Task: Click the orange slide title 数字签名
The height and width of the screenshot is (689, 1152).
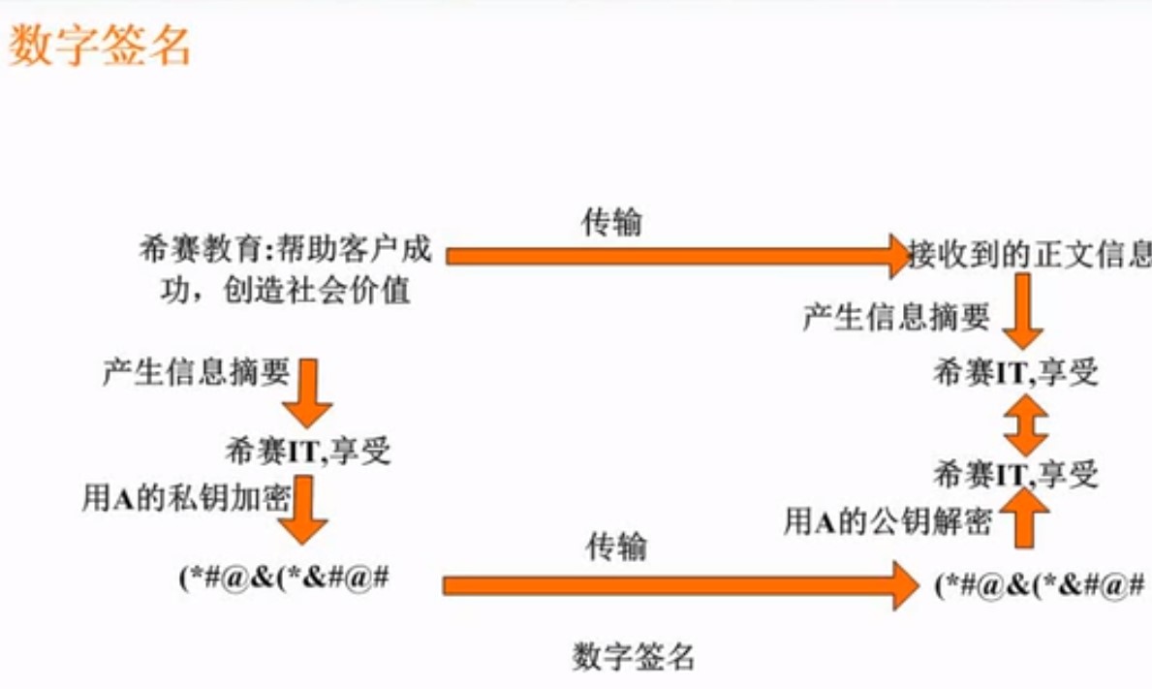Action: tap(99, 46)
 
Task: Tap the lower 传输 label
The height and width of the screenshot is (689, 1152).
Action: tap(616, 548)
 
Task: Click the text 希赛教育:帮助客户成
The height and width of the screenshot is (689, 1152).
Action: tap(285, 252)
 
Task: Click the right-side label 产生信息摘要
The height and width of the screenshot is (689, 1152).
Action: tap(896, 317)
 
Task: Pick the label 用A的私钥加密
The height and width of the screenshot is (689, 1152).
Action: tap(186, 498)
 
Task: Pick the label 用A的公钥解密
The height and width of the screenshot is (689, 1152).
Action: tap(887, 523)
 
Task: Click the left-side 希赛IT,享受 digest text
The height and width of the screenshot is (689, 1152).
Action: tap(307, 452)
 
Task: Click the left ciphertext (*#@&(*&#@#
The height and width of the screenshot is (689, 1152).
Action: tap(284, 579)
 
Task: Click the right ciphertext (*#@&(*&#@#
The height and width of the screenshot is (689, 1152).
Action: tap(1041, 585)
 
